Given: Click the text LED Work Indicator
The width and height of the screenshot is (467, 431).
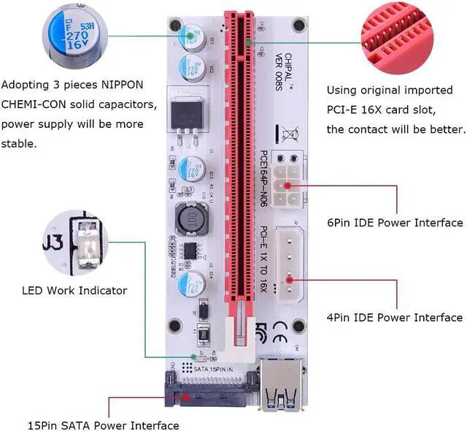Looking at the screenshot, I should coord(74,291).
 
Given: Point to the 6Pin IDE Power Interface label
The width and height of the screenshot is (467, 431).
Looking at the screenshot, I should coord(394,223).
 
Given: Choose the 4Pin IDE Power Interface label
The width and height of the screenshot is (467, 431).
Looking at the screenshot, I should coord(394,317).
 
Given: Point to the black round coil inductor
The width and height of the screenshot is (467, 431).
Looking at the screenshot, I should coord(188,218).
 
